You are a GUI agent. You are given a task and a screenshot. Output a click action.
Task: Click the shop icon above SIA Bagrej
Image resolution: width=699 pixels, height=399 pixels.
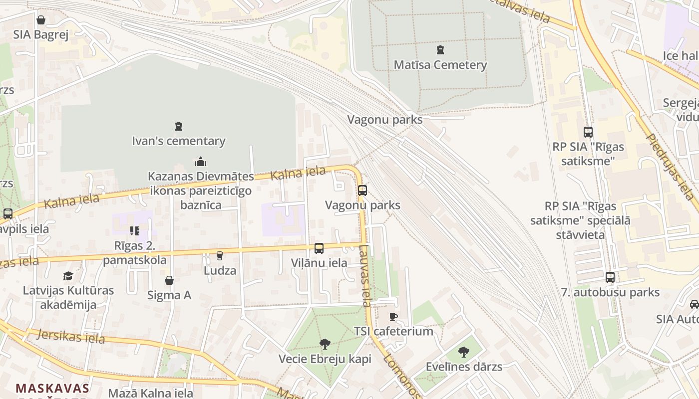coord(40,20)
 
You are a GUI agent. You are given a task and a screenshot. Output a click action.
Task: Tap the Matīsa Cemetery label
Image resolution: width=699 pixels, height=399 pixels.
coord(440,65)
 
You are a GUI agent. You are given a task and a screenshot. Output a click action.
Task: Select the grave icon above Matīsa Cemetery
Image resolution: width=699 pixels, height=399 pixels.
coord(440,49)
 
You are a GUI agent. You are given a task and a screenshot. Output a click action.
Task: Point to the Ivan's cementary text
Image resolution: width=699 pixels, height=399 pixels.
coord(179,141)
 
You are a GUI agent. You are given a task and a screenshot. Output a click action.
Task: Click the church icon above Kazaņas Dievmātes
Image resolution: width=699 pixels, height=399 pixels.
coord(201,162)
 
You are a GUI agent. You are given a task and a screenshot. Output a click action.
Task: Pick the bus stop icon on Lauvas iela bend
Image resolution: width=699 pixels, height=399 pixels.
coord(362,190)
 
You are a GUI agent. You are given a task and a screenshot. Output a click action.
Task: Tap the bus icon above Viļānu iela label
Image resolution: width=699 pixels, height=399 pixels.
coord(319,248)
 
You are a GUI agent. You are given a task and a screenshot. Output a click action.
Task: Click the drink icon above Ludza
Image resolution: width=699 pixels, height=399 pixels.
coord(220,256)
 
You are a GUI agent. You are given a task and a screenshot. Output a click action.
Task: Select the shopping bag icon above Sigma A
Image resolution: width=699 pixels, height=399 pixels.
coord(169,280)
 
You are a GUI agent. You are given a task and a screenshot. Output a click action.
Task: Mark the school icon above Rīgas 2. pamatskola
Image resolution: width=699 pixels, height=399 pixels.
coord(134,230)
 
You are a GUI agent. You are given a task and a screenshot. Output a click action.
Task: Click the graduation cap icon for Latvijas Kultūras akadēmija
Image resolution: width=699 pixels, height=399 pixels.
coord(68,276)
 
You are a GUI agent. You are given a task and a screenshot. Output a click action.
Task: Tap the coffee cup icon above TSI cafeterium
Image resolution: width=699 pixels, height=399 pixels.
coord(393,317)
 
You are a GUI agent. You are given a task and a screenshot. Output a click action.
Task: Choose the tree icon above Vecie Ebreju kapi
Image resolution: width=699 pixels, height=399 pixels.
coord(325,344)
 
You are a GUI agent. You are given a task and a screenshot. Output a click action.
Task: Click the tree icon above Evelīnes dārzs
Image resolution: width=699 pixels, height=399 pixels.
coord(464,352)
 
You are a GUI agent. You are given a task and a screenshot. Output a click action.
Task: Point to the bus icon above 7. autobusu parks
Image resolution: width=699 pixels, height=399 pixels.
coord(610,277)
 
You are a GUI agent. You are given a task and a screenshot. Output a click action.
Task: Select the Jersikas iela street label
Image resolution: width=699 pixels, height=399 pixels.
coord(71,337)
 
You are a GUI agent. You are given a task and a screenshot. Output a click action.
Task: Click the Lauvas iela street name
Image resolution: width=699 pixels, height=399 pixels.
coord(365,275)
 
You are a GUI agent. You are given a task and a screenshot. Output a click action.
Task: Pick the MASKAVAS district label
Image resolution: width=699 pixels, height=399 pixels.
coord(52,388)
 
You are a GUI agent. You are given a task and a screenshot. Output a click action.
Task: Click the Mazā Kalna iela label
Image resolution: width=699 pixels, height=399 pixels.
coord(151,393)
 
